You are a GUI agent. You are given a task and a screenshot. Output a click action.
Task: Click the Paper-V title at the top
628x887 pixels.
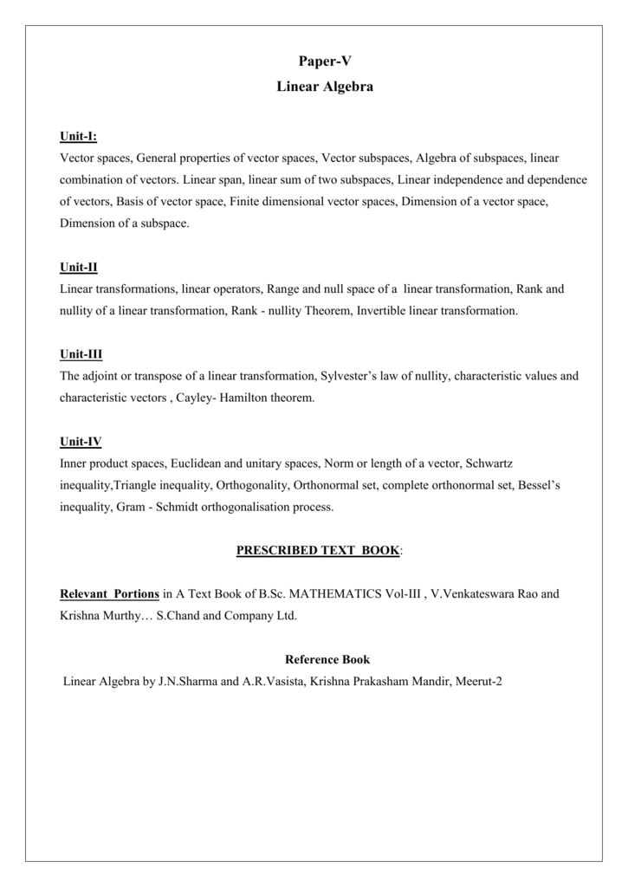click(x=325, y=61)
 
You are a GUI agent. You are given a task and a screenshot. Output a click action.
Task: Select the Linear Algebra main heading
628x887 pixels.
click(x=325, y=87)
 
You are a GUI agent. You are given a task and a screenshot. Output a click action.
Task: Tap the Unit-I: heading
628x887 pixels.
click(x=78, y=136)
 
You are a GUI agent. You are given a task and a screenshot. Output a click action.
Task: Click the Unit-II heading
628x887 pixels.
click(x=78, y=267)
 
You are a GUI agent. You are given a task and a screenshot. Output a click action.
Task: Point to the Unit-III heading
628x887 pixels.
click(x=81, y=354)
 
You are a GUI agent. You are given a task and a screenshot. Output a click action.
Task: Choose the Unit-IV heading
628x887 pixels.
click(x=81, y=442)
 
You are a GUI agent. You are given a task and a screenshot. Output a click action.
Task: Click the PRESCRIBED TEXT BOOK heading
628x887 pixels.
click(x=318, y=550)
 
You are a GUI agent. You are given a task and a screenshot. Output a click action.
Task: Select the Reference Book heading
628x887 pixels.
click(x=327, y=659)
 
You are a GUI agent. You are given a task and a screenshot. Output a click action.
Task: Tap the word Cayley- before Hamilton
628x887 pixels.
click(x=195, y=398)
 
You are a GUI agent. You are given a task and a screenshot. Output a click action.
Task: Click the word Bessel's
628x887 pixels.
click(x=539, y=485)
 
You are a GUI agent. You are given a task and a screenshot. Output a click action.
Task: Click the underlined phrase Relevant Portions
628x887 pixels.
click(x=109, y=594)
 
